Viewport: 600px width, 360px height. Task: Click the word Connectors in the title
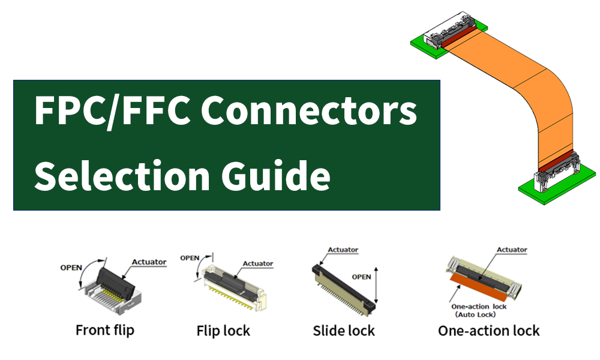pos(309,111)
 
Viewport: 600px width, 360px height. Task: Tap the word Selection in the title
pos(122,176)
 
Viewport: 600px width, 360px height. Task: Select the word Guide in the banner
pos(276,175)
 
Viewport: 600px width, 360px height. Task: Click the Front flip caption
pos(105,330)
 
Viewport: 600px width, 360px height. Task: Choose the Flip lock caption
pos(223,331)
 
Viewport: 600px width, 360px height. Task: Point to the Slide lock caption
pos(344,331)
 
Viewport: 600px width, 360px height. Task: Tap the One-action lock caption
pos(488,331)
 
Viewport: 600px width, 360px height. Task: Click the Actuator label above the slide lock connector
pos(343,250)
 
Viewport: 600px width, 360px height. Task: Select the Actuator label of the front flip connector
pos(149,262)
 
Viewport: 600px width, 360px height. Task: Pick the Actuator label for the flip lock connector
pos(258,263)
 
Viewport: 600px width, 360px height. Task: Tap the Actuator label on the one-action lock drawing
pos(512,250)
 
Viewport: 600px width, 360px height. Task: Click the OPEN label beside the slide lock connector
pos(361,277)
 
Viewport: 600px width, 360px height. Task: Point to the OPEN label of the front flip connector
pos(71,268)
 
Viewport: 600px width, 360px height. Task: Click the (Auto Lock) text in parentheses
pos(475,314)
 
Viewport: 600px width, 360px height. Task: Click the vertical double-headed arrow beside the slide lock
pos(376,286)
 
